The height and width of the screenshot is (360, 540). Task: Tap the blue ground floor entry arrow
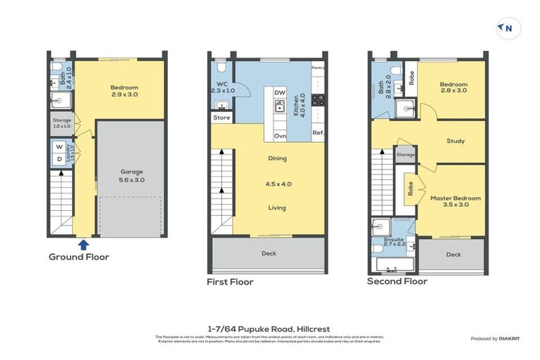(83, 244)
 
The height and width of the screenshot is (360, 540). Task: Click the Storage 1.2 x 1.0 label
(62, 123)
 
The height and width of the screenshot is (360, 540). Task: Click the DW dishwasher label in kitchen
(280, 93)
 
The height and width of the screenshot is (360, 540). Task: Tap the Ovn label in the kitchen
(280, 135)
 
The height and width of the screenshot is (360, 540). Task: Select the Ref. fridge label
(318, 134)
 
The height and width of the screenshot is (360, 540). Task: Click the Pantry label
(318, 67)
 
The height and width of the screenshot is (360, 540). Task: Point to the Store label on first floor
(221, 117)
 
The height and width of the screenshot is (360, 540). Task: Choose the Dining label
(277, 158)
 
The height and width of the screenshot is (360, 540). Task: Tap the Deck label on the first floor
(269, 253)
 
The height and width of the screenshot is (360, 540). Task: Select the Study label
(456, 141)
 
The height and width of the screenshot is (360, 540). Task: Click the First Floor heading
(230, 282)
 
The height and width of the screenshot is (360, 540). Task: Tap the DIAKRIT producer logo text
(506, 339)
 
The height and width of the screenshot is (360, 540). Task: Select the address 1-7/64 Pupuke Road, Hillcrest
(269, 328)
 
